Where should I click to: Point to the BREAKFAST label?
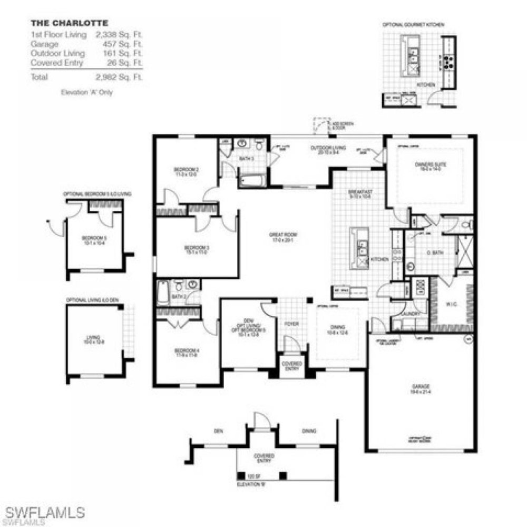coord(360,192)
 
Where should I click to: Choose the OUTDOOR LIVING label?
coord(328,148)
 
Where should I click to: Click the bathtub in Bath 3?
coord(253,181)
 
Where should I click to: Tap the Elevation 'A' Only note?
coord(87,92)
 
